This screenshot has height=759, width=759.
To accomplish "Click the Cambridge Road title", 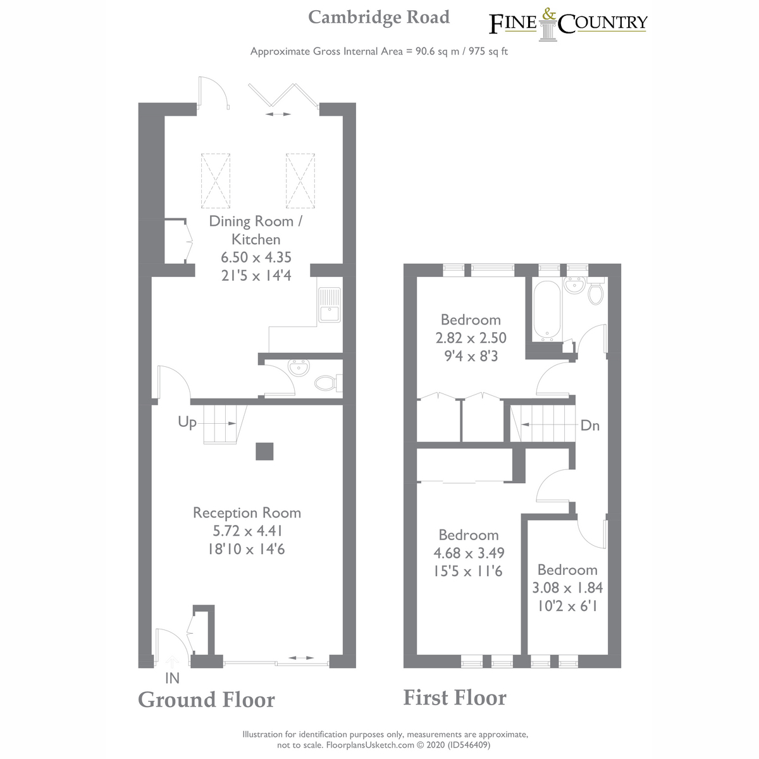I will coord(379,17).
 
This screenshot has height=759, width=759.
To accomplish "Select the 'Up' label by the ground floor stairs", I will coord(187,422).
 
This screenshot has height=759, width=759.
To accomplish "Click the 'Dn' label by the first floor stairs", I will coord(589,425).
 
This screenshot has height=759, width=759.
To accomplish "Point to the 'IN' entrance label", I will coord(172,678).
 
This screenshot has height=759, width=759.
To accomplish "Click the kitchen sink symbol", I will coord(329,305).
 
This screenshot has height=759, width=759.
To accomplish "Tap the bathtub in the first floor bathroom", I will coord(545,311).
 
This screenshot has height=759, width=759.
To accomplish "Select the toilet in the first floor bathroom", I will coord(595,293).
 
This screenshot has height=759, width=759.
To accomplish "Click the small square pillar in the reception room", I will coord(264,451).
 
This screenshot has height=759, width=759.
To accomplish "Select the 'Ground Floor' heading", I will coord(206,700).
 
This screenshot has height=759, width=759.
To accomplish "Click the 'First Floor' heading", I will coord(455,697).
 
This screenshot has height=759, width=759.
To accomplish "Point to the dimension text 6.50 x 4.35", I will coord(256,257).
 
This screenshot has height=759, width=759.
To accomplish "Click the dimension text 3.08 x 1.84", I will coord(567,588).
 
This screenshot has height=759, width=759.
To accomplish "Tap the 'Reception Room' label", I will coord(247,512).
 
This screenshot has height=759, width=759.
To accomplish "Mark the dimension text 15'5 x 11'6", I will coord(468,571).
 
